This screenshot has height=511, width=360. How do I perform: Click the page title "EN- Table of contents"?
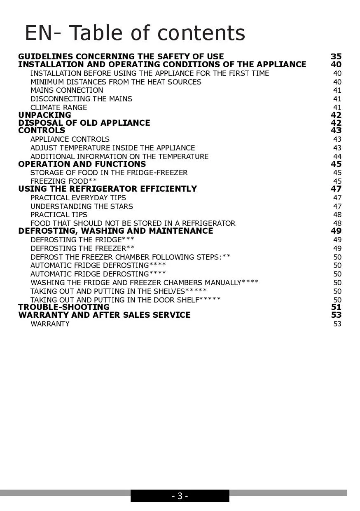click(135, 33)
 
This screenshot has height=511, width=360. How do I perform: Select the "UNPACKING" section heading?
click(44, 115)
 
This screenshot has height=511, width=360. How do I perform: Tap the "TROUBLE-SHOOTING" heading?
click(64, 307)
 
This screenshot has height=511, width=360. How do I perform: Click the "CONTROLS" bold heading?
click(42, 130)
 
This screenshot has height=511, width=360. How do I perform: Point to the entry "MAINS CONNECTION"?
click(67, 90)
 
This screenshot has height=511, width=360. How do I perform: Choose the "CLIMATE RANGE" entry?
click(58, 108)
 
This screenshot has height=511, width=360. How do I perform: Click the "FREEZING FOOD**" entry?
click(63, 181)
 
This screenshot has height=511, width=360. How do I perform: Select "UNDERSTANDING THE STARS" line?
click(82, 206)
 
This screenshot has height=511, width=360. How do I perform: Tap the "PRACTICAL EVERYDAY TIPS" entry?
click(78, 198)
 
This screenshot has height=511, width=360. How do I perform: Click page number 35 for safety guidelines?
click(336, 56)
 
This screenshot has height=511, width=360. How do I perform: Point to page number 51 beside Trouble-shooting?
click(337, 307)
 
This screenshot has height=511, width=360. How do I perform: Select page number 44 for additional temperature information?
click(337, 157)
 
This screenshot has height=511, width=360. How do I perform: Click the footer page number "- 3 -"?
click(180, 496)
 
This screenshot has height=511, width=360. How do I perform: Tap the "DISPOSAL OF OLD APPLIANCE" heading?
click(84, 123)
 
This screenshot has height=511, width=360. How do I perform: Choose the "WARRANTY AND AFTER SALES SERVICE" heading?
click(104, 315)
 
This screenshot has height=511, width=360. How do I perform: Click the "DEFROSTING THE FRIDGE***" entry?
click(82, 240)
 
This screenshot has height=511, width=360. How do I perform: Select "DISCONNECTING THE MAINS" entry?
click(81, 99)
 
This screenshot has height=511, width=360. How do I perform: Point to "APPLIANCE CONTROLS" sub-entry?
click(70, 139)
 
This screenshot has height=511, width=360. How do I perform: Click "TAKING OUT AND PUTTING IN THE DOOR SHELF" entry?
click(125, 300)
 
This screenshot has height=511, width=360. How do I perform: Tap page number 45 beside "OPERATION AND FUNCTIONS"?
click(336, 164)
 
